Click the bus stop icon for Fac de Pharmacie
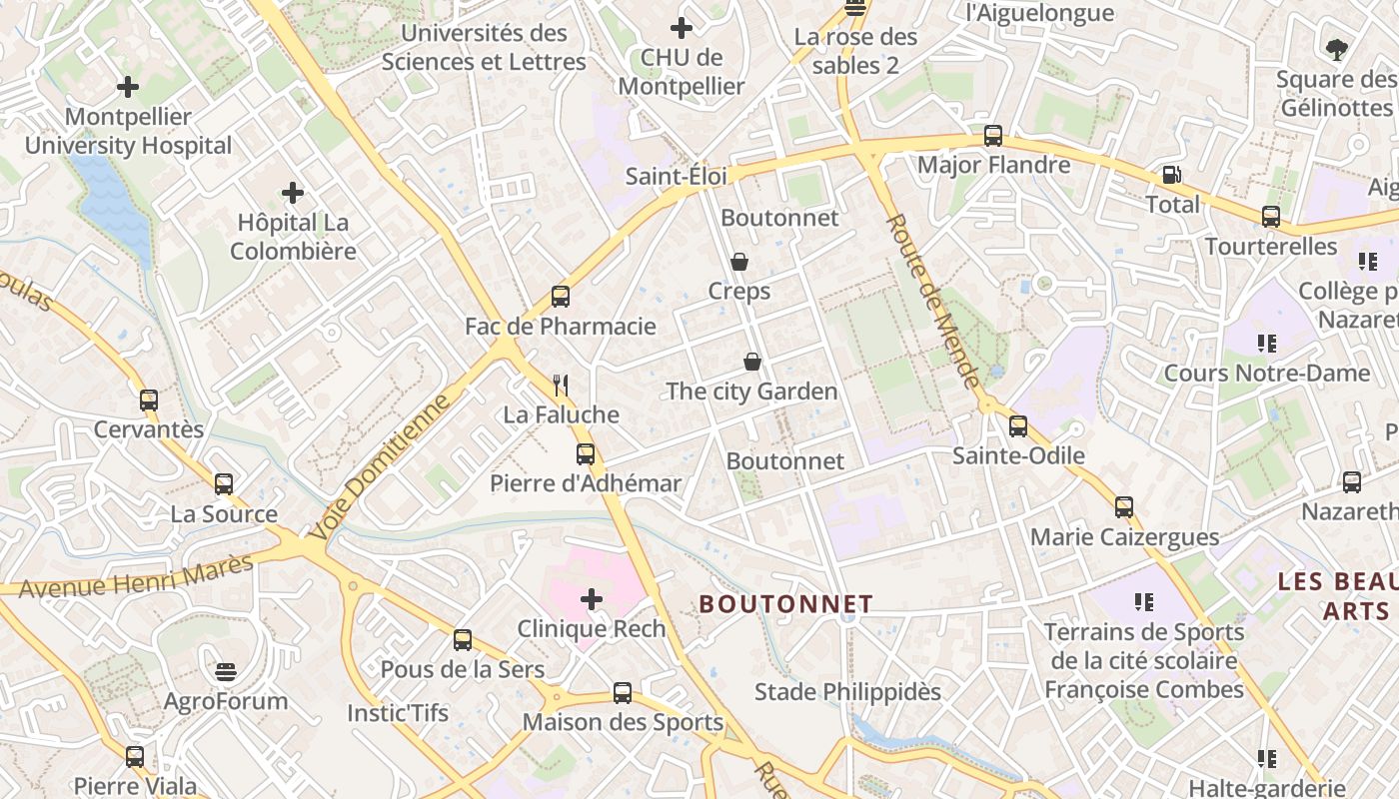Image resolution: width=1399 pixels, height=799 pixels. point(561,297)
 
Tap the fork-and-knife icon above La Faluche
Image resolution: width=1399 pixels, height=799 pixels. point(561,385)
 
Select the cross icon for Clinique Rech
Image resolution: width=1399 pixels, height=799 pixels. point(592,599)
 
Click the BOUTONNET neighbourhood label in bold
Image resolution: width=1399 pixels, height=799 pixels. point(785,604)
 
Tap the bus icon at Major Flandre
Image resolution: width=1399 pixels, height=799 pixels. point(993,136)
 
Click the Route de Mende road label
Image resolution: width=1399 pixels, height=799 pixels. point(932,301)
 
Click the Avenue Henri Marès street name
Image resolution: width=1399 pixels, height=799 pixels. point(136,576)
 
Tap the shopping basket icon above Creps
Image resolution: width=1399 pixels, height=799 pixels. point(739,262)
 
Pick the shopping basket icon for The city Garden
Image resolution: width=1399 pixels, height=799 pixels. point(752,362)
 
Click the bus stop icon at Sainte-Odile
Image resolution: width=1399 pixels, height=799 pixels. point(1018,426)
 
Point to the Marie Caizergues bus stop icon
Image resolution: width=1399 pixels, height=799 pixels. point(1124,507)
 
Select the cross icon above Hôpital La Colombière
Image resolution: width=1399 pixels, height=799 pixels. point(293,192)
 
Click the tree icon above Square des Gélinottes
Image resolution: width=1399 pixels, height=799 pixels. point(1336,48)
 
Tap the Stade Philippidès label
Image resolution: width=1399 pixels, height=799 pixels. point(847,691)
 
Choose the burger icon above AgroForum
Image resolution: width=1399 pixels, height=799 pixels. point(226,671)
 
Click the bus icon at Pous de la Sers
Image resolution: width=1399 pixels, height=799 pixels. point(463,639)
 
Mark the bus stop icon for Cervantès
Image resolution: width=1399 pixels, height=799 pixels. point(149,400)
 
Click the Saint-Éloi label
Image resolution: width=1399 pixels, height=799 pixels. point(676,176)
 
